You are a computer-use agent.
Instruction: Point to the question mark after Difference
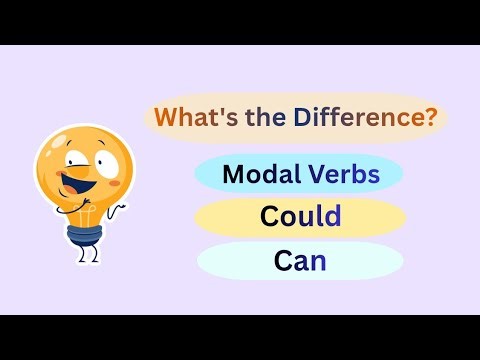click(x=431, y=119)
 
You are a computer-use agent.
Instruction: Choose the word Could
click(x=300, y=216)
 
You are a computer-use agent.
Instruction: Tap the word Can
click(x=300, y=261)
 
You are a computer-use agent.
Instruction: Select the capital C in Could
click(x=269, y=216)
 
